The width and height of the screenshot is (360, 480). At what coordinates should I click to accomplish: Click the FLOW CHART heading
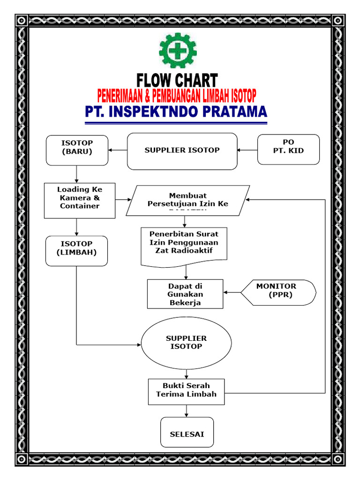point(177,81)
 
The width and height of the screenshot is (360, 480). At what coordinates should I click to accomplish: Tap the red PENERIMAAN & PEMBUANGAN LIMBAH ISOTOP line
point(177,97)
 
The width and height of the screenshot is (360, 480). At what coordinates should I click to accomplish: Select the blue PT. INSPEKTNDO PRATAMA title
point(176,112)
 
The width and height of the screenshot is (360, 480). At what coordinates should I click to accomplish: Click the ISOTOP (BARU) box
point(77,150)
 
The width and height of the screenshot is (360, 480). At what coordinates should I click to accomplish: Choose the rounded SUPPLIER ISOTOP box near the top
point(182,150)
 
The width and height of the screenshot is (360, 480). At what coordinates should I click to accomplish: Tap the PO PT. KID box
point(288,150)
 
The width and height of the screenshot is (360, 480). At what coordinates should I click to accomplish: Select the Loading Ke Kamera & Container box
point(80,200)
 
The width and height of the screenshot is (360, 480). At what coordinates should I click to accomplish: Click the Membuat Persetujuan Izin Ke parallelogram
point(187,200)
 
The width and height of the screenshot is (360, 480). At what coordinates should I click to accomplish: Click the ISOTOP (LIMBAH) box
point(77,250)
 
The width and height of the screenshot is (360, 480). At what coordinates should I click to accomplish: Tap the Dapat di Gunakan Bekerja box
point(185,294)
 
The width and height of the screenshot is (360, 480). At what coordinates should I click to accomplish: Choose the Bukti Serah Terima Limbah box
point(186,391)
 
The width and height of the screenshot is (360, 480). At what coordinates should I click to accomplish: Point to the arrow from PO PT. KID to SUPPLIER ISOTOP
point(247,150)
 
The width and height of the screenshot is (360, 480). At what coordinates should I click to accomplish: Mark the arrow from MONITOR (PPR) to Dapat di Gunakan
point(232,292)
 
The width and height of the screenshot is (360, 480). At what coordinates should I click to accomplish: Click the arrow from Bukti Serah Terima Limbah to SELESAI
point(187,411)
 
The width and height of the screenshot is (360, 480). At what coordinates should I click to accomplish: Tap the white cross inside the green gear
point(178,50)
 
